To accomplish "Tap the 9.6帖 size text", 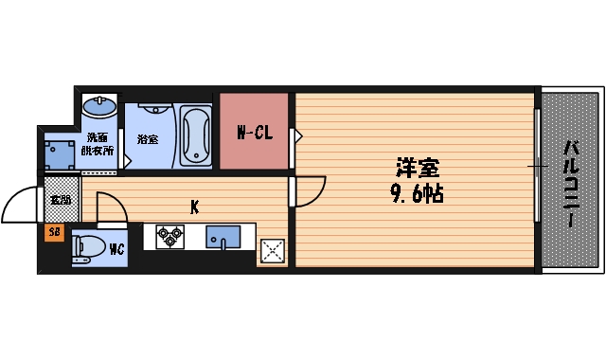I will tap(417, 195).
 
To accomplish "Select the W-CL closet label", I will tap(254, 134).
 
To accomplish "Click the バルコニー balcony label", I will tap(571, 183).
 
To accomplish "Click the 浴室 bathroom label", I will tap(147, 139).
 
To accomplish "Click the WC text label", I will tap(117, 251).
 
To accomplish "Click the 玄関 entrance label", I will tap(60, 200).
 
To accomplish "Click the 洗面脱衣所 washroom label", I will tap(98, 144).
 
